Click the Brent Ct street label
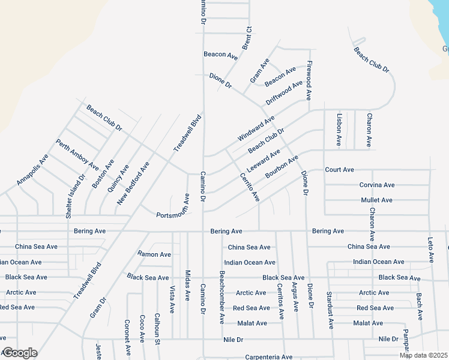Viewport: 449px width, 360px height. (247, 38)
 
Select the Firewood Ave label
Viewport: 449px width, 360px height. (309, 80)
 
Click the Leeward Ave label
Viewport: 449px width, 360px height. (263, 160)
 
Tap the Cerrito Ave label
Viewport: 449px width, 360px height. (250, 187)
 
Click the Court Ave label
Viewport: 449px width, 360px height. (340, 170)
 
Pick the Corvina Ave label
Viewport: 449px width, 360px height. (376, 185)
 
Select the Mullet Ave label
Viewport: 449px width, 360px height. (376, 200)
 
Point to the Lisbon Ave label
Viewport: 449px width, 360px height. (339, 130)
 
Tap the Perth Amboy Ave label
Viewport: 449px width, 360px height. (77, 154)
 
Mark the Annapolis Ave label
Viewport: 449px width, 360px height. (32, 170)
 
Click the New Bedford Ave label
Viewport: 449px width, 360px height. (133, 183)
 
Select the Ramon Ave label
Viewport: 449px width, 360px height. (154, 254)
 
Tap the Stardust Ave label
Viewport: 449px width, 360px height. (330, 310)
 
